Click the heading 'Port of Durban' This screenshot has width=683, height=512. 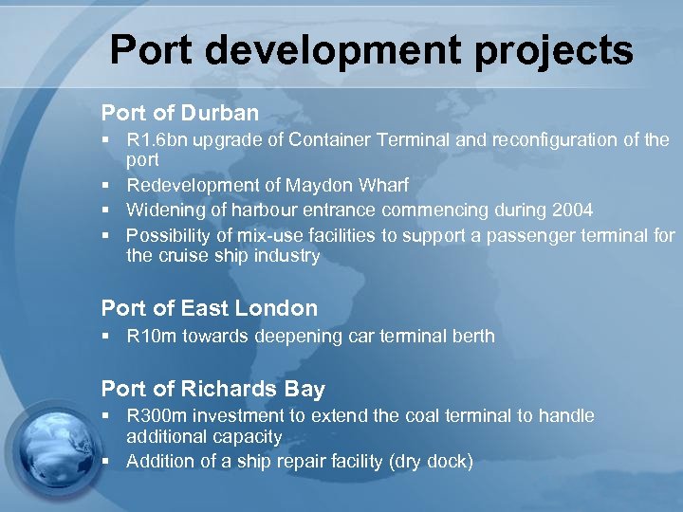179,113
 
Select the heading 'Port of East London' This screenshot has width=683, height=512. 209,308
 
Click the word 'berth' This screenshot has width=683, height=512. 471,336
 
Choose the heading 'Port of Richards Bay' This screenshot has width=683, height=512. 212,389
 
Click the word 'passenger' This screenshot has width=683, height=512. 526,234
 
